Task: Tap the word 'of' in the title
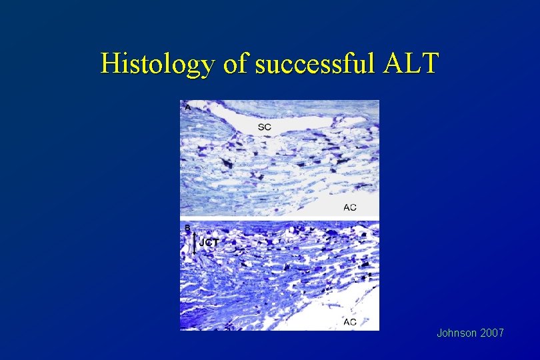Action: tap(227, 64)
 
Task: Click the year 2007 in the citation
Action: tap(491, 332)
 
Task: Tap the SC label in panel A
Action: tap(265, 126)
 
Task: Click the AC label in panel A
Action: tap(349, 207)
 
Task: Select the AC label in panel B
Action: tap(349, 323)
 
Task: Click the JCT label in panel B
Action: tap(209, 243)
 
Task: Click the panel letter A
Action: tap(187, 107)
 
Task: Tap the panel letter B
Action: tap(187, 229)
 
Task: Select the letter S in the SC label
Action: tap(261, 126)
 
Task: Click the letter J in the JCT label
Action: tap(201, 243)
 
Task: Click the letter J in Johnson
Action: tap(440, 332)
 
